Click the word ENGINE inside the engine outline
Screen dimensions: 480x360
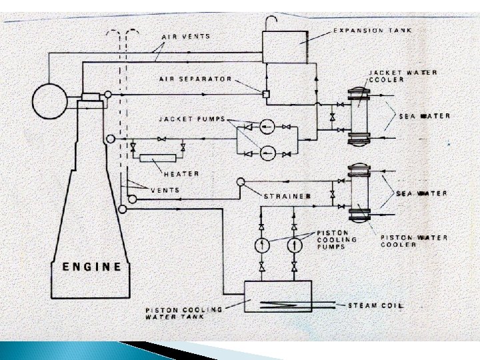click(92, 267)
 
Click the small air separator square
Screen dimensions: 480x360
click(265, 94)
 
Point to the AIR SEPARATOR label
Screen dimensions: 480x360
click(195, 78)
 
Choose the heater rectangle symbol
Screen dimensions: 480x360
click(158, 158)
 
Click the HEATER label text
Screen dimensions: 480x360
click(181, 173)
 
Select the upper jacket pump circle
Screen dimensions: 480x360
click(267, 125)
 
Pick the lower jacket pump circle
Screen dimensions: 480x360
click(267, 153)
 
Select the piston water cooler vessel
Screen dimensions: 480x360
click(360, 193)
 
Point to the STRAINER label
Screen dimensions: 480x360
click(287, 196)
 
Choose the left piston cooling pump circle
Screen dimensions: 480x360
click(260, 245)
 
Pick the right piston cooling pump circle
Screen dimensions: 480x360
click(294, 245)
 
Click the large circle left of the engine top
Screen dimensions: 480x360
click(49, 101)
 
